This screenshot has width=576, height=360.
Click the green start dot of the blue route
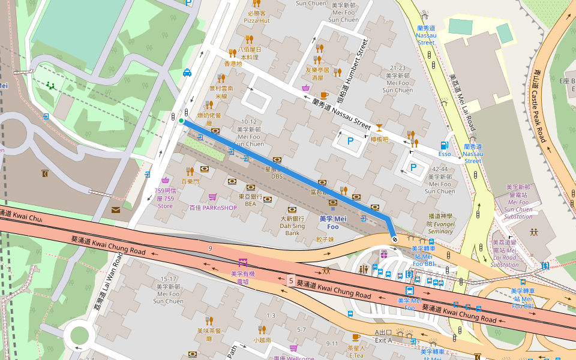pyautogui.click(x=181, y=121)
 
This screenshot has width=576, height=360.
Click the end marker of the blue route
pyautogui.click(x=394, y=239)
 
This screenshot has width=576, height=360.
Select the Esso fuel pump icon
pyautogui.click(x=444, y=145)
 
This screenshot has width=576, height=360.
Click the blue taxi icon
pyautogui.click(x=187, y=73)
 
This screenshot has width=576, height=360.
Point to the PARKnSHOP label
pyautogui.click(x=213, y=208)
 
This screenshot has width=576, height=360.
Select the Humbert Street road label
pyautogui.click(x=356, y=59)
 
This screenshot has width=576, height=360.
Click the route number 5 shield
pyautogui.click(x=290, y=280)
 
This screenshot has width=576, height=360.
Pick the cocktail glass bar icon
pyautogui.click(x=379, y=127)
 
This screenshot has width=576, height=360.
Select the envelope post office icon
pyautogui.click(x=115, y=209)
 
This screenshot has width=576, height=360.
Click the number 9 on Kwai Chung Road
pyautogui.click(x=211, y=248)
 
